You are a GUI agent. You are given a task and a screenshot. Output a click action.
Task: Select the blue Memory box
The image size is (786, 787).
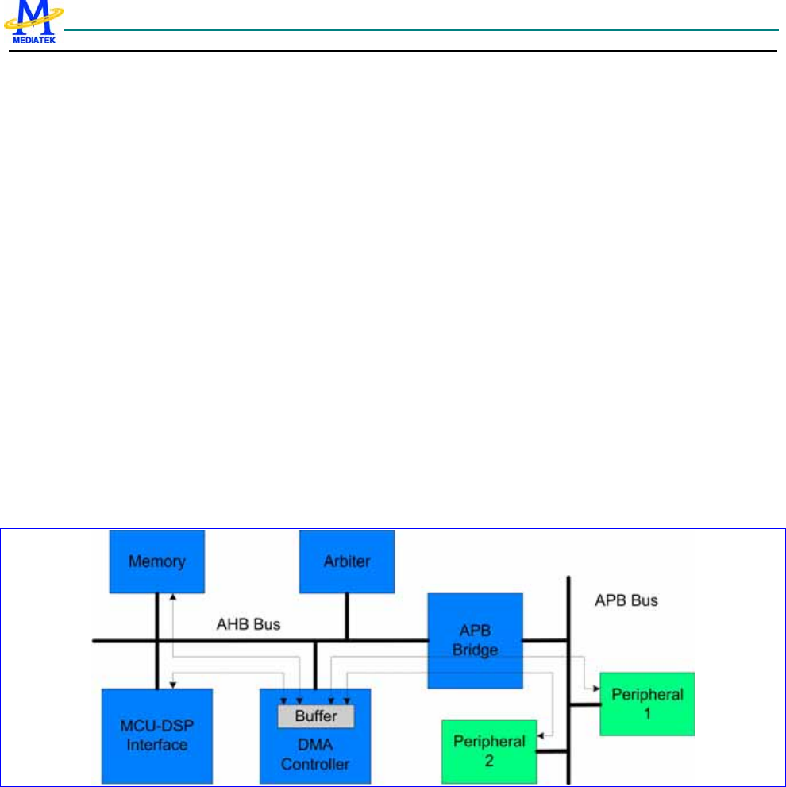(x=157, y=561)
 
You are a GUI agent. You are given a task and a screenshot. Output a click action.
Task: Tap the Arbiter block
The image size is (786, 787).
(x=347, y=562)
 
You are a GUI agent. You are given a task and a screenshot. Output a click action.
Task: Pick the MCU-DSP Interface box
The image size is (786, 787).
(x=156, y=735)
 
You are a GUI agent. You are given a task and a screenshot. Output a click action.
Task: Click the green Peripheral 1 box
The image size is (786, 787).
(x=647, y=704)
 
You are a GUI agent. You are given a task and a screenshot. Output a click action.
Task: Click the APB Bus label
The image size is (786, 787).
(x=626, y=600)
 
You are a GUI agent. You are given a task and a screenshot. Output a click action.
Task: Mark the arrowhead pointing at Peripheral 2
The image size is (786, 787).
(x=540, y=736)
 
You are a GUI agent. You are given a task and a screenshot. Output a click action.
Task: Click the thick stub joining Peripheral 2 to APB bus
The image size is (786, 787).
(x=552, y=750)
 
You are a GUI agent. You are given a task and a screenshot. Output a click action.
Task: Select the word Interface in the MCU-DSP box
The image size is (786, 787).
(x=156, y=745)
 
